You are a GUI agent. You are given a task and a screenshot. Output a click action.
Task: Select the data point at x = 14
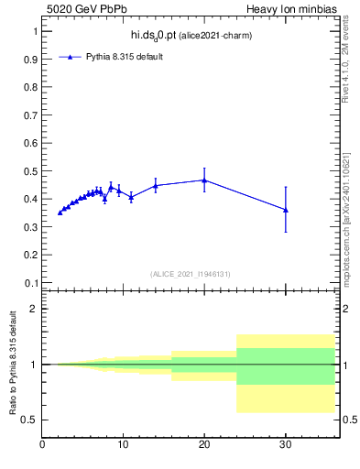point(156,186)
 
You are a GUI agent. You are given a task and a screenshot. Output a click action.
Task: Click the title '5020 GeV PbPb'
point(80,8)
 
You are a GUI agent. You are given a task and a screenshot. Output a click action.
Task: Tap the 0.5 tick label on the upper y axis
point(29,171)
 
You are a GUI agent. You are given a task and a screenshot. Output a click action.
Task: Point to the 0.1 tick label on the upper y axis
point(29,283)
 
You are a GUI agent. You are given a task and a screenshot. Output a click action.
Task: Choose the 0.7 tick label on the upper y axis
point(29,115)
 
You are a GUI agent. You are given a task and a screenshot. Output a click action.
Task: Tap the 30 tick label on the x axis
point(286,446)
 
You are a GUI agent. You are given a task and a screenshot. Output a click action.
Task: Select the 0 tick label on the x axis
point(42,446)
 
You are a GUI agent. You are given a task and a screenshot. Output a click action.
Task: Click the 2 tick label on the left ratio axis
point(34,309)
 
